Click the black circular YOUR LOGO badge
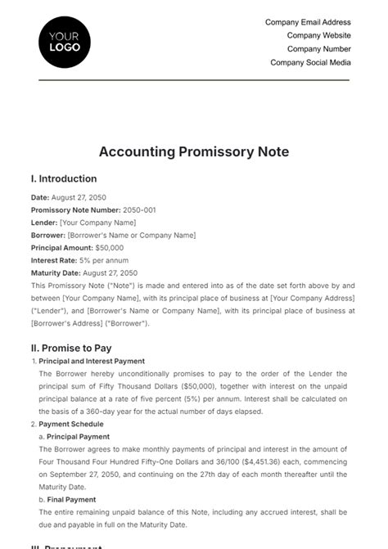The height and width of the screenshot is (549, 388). (65, 42)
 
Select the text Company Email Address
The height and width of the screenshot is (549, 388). (308, 23)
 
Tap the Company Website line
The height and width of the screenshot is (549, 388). (318, 36)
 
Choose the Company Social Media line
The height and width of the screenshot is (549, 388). (310, 62)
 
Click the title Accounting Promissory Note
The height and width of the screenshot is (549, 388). (194, 152)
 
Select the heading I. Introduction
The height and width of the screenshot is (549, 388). (64, 179)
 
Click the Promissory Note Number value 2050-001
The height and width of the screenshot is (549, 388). (137, 210)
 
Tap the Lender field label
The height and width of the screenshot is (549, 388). (44, 223)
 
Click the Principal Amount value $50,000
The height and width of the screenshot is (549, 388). (109, 247)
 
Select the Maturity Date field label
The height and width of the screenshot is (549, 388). (56, 272)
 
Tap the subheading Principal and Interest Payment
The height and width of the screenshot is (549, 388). (92, 361)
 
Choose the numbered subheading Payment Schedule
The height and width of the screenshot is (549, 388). (74, 424)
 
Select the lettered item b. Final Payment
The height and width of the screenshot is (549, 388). (68, 500)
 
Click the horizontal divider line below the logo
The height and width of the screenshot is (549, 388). (194, 80)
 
